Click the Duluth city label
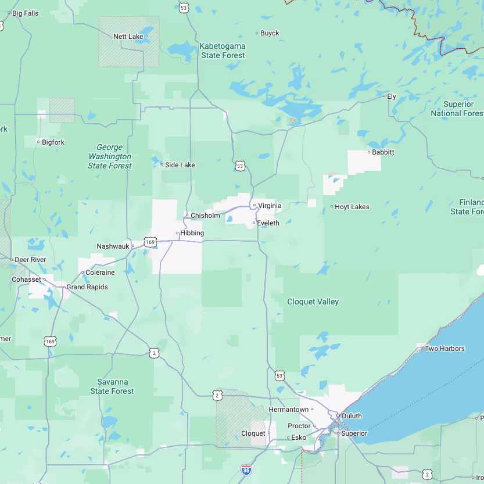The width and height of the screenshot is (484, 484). pyautogui.click(x=352, y=416)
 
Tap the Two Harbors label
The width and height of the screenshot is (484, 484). pyautogui.click(x=444, y=349)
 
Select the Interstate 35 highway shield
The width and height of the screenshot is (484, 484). pyautogui.click(x=246, y=469)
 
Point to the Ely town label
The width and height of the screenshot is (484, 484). pyautogui.click(x=392, y=96)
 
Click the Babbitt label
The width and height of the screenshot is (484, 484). pyautogui.click(x=383, y=152)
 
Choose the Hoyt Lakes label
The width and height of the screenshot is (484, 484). pyautogui.click(x=352, y=207)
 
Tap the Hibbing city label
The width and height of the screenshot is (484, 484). pyautogui.click(x=192, y=233)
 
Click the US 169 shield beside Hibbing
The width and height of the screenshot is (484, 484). pyautogui.click(x=150, y=241)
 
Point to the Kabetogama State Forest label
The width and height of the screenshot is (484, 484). pyautogui.click(x=223, y=51)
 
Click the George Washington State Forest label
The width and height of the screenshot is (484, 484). pyautogui.click(x=110, y=157)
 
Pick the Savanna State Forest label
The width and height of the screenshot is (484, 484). pyautogui.click(x=112, y=386)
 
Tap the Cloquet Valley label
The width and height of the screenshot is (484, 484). pyautogui.click(x=313, y=302)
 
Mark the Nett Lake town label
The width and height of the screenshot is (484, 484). pyautogui.click(x=128, y=37)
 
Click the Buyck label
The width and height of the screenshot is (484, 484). pyautogui.click(x=270, y=33)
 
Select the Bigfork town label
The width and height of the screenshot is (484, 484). pyautogui.click(x=53, y=142)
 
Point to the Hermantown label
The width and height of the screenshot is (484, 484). pyautogui.click(x=288, y=410)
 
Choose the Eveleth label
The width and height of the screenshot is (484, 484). pyautogui.click(x=268, y=223)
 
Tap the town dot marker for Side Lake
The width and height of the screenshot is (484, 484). pyautogui.click(x=162, y=164)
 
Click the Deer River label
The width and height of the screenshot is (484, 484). pyautogui.click(x=30, y=259)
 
